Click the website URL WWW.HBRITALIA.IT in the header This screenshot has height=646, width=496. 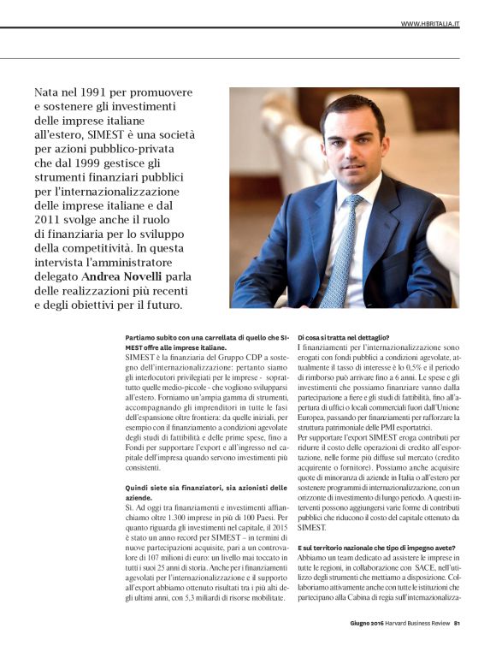click(430, 23)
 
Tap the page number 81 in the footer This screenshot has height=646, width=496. click(458, 623)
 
